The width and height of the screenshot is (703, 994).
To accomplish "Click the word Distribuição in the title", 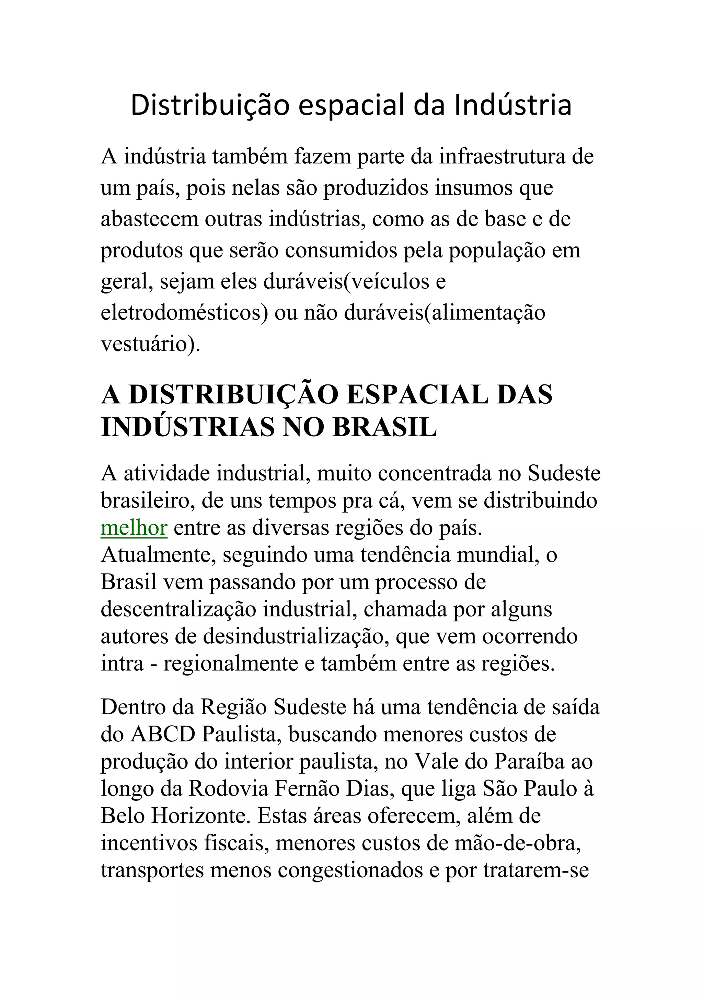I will click(209, 106).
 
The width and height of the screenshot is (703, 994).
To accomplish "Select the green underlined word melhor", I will click(134, 528).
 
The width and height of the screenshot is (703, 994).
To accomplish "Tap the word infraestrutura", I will click(502, 157).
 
